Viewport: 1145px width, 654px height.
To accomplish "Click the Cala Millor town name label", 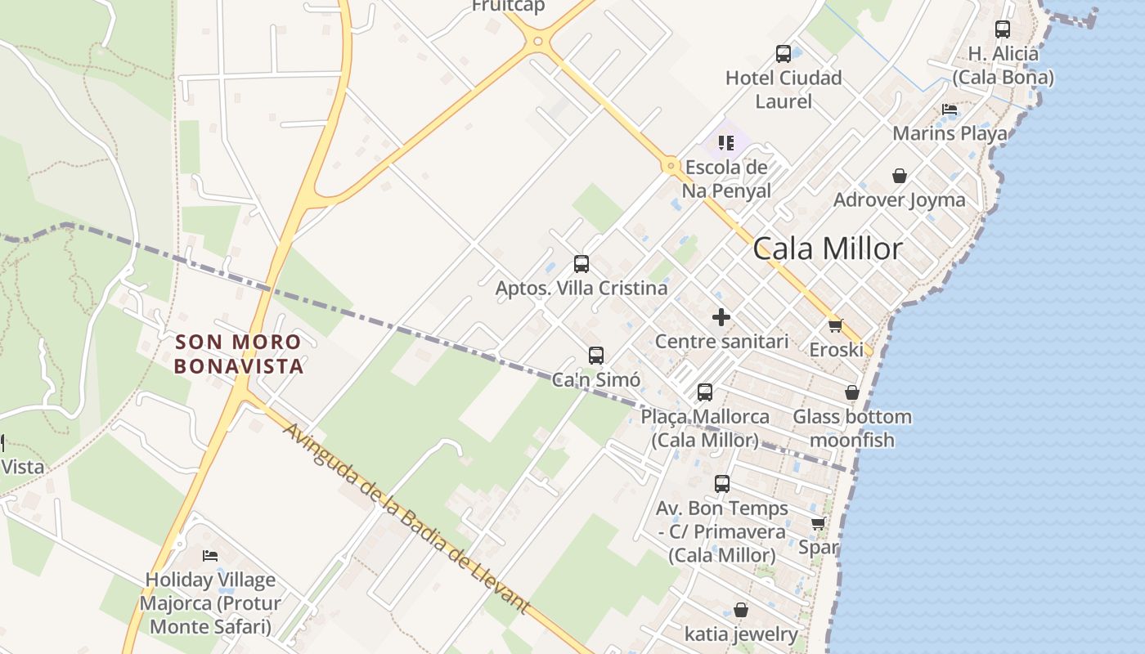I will pos(828,249).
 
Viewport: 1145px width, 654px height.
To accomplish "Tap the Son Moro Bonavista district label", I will pos(239,354).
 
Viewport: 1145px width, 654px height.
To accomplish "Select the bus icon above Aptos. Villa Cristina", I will pos(581,264).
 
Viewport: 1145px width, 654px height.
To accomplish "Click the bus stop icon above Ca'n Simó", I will pos(596,356).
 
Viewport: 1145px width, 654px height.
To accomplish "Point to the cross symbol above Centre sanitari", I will pos(721,317).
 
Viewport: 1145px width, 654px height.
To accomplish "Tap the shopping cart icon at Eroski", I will pos(835,325).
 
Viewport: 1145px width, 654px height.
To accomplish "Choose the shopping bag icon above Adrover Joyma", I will pos(900,176).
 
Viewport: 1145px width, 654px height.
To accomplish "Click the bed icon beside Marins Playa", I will pos(950,109).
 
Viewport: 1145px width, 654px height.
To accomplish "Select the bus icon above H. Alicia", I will pos(1003,29).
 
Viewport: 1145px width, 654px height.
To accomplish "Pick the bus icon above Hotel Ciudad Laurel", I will pos(784,54).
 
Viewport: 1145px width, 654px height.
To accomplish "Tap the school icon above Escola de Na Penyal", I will pos(726,144).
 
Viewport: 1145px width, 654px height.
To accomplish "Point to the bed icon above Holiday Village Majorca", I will pos(210,556).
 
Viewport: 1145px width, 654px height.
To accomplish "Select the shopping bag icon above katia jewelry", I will pos(741,610).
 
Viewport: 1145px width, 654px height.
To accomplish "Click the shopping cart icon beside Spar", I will pos(819,523).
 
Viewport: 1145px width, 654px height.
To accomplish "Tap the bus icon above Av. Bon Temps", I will pos(721,484).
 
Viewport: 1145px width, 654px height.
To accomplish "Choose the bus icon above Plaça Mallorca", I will pos(705,392).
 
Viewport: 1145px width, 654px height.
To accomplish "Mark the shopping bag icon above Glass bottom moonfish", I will pos(852,392).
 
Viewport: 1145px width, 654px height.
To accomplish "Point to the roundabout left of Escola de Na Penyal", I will pos(671,166).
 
